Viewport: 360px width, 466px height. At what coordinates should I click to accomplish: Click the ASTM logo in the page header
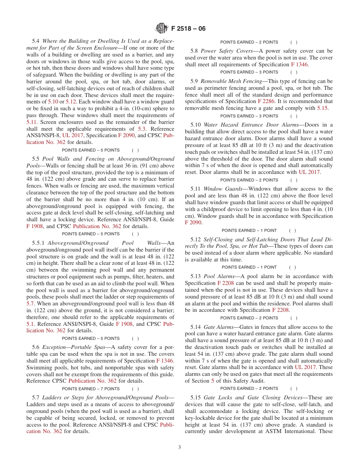click(162, 28)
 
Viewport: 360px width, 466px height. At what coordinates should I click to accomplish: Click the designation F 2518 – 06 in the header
click(188, 29)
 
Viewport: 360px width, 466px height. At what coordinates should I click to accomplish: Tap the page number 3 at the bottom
click(180, 447)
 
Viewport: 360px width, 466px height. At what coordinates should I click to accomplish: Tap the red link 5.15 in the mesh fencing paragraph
click(322, 108)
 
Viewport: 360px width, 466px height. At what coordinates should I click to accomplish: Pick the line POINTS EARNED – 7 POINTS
click(90, 389)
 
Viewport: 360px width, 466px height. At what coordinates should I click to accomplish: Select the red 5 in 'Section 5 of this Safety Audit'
click(213, 381)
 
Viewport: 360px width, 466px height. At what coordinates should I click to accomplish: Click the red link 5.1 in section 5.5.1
click(30, 324)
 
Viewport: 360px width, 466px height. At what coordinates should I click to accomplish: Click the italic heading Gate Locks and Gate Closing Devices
click(253, 397)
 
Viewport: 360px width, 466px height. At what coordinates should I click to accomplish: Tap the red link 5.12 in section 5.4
click(71, 102)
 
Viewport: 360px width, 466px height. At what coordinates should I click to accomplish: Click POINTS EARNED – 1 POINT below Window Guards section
click(249, 230)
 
